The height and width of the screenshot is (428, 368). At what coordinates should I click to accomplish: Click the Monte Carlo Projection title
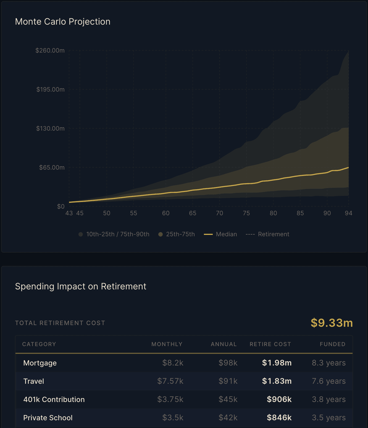point(63,22)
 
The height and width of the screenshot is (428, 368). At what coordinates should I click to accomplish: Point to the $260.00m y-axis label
point(50,50)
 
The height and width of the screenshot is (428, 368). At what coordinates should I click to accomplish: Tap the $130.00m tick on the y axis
point(50,128)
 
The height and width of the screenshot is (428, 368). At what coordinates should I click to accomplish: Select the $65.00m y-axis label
point(52,167)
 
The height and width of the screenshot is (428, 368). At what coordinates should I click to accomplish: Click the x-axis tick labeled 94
point(348,213)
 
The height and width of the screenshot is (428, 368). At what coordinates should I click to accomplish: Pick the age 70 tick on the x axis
point(219,213)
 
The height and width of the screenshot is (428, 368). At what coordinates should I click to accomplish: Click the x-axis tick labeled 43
point(69,213)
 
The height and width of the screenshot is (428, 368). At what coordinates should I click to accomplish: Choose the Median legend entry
point(220,234)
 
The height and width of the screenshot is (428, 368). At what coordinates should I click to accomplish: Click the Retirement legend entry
point(267,234)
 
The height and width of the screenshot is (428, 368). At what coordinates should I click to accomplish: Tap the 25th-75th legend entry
point(177,234)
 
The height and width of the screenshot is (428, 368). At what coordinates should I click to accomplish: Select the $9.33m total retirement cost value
point(332,323)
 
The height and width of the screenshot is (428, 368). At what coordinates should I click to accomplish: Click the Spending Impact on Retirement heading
point(81,286)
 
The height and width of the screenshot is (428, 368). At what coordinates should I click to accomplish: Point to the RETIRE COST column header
point(270,344)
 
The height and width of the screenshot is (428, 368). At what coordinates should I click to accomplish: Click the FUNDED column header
point(332,344)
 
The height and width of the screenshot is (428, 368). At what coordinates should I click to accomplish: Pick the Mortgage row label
point(40,363)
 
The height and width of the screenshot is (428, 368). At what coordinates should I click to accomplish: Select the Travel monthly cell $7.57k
point(170,381)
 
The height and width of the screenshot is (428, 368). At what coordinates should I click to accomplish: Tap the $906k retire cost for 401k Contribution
point(279,399)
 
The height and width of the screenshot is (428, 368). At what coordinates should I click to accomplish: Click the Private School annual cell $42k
point(228,417)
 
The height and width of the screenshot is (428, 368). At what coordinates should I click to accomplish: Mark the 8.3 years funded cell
point(328,363)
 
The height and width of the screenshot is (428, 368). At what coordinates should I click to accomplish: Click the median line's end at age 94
point(348,167)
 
